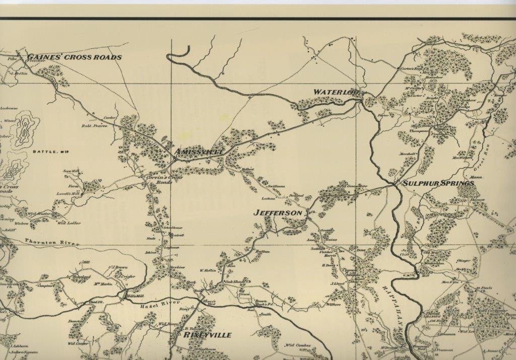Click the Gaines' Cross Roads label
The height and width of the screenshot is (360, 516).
click(x=75, y=57)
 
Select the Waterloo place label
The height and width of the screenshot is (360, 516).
click(x=335, y=92)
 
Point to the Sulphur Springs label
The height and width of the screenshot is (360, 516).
click(x=438, y=184)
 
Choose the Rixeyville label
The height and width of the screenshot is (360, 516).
click(x=208, y=335)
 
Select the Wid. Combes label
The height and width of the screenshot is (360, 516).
click(x=297, y=345)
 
